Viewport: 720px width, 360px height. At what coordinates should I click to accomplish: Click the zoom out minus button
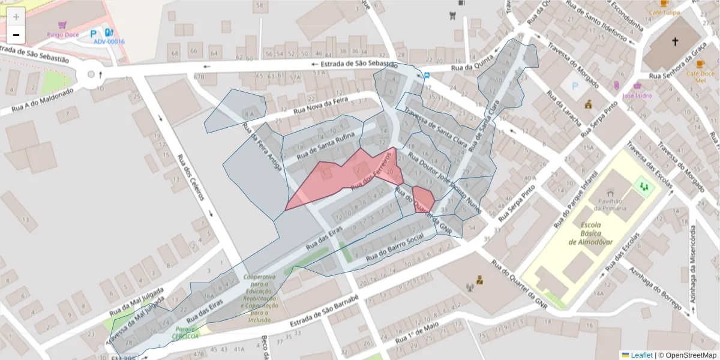pyautogui.click(x=16, y=35)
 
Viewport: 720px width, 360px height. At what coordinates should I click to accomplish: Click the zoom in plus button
pyautogui.click(x=16, y=16)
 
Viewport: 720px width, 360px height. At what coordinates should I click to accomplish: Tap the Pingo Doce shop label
pyautogui.click(x=62, y=34)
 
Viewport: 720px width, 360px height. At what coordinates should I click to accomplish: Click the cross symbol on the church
pyautogui.click(x=674, y=42)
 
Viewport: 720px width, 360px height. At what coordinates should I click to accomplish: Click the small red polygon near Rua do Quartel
pyautogui.click(x=423, y=199)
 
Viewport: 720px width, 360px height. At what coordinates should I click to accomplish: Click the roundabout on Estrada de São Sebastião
pyautogui.click(x=91, y=74)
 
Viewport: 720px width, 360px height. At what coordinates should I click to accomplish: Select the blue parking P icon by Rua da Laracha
pyautogui.click(x=575, y=86)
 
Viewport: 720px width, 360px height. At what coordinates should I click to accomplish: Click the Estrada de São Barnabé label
pyautogui.click(x=324, y=311)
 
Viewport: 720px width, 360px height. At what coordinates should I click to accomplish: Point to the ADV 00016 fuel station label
pyautogui.click(x=109, y=41)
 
